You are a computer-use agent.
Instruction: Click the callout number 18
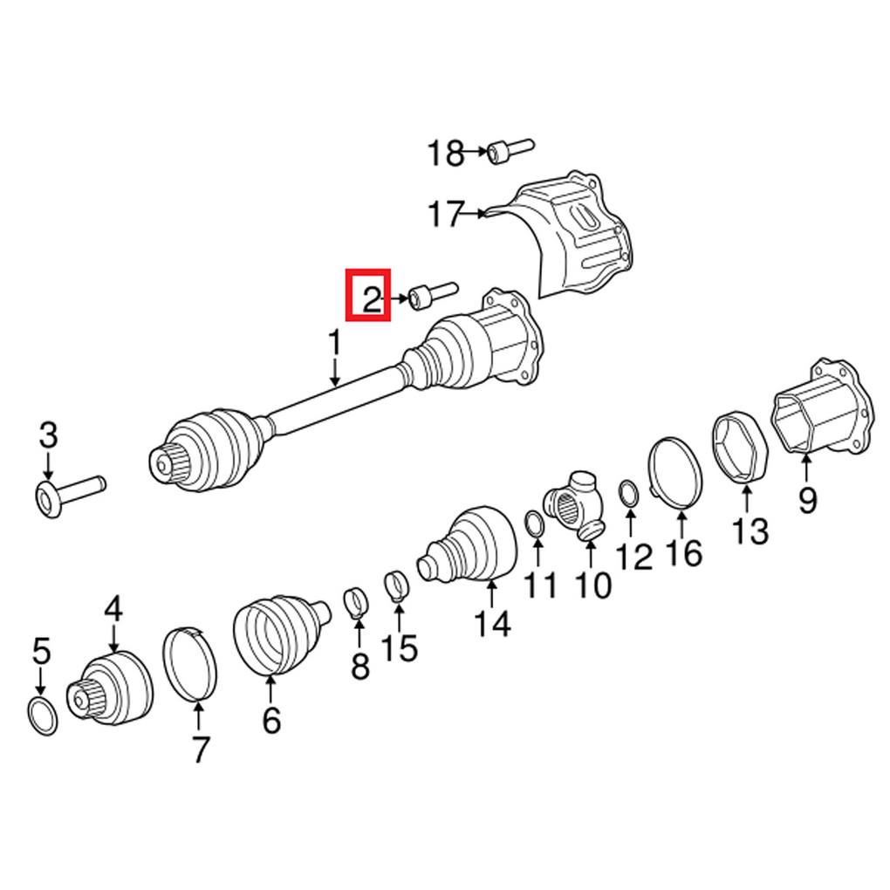coord(445,154)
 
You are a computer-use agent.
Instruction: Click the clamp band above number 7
coord(190,662)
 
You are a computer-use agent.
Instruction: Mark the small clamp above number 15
coord(397,583)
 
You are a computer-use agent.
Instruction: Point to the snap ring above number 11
coord(534,524)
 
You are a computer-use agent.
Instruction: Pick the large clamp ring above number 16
coord(677,472)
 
